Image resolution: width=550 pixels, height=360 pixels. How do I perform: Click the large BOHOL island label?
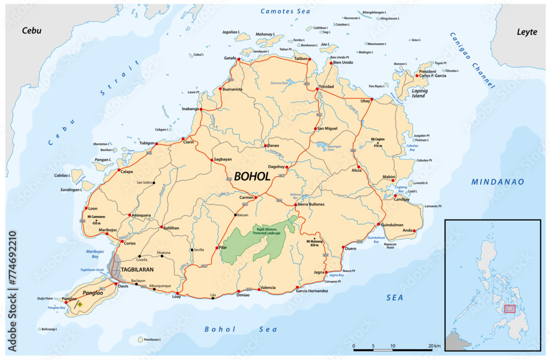252,177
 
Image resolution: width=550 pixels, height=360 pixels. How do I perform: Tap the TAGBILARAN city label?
137,270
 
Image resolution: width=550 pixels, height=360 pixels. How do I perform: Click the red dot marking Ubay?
372,99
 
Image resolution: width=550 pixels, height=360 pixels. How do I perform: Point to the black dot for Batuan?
235,215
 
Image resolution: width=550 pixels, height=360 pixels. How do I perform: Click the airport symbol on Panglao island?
80,303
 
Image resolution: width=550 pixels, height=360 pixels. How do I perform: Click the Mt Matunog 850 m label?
314,243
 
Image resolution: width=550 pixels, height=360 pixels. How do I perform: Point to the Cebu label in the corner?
31,30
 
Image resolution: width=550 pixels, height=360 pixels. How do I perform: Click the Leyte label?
526,32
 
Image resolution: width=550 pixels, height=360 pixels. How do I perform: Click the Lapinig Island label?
420,92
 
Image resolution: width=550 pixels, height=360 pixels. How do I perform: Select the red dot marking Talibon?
309,59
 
